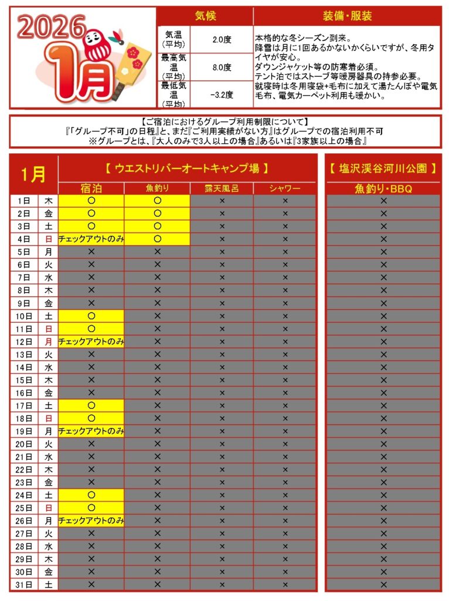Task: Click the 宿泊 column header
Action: (91, 188)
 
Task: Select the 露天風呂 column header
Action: (222, 188)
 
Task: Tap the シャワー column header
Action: (285, 188)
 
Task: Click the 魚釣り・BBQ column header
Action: (383, 188)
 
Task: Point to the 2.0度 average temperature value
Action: (222, 39)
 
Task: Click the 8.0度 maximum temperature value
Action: (222, 66)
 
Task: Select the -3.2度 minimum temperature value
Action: (222, 94)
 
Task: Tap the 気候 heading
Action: (205, 16)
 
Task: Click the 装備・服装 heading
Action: (347, 16)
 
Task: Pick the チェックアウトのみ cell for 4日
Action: (91, 239)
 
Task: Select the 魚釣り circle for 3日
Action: (157, 226)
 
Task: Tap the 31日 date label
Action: (24, 584)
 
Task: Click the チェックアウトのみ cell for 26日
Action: (91, 520)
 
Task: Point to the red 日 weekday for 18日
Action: (49, 418)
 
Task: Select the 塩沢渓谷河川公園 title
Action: (383, 168)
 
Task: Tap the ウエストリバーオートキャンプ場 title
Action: (187, 168)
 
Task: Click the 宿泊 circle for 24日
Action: (91, 495)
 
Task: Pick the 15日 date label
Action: (24, 380)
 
